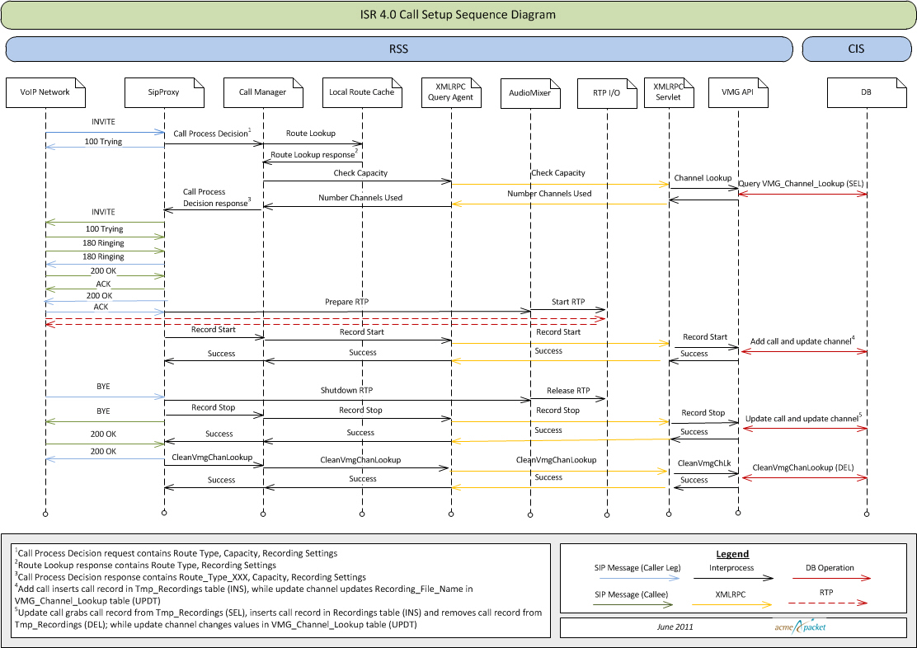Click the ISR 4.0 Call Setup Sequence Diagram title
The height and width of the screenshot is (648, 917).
[x=458, y=15]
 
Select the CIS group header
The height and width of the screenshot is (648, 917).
[x=855, y=49]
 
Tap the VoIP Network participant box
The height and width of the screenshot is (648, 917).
[x=45, y=92]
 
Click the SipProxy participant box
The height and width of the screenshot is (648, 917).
[x=163, y=92]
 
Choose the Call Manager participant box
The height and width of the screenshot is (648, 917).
[x=262, y=92]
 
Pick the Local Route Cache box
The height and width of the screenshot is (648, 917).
[x=361, y=92]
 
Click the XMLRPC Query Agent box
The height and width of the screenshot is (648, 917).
[x=450, y=92]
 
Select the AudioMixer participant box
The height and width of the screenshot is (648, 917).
[x=529, y=92]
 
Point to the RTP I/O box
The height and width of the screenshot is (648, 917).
[x=606, y=92]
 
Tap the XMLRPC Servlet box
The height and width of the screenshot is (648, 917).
[x=668, y=92]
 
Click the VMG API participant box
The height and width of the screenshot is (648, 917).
[x=738, y=92]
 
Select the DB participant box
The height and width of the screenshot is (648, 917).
[x=866, y=92]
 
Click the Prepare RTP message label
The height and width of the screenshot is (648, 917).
[x=346, y=303]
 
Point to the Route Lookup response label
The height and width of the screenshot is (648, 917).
[x=313, y=154]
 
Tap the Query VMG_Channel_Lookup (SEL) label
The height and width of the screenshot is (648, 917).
[x=802, y=184]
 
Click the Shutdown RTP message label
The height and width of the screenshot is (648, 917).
[x=346, y=391]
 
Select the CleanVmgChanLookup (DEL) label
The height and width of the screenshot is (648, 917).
[x=803, y=467]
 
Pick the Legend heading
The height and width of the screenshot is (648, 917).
[x=733, y=554]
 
